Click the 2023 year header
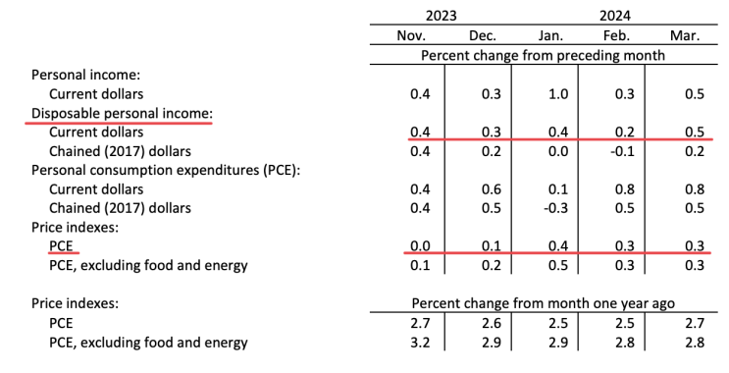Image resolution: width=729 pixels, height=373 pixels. [442, 16]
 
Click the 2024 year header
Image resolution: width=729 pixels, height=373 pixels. [614, 16]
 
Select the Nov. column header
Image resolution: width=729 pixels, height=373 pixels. [411, 35]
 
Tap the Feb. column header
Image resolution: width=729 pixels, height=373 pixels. [616, 35]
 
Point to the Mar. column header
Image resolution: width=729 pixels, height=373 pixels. [685, 35]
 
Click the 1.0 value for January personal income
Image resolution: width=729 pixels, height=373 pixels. [558, 94]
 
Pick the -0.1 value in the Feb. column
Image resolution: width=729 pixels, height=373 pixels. [622, 151]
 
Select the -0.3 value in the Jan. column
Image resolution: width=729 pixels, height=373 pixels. [555, 208]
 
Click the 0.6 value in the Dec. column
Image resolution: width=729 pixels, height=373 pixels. [492, 189]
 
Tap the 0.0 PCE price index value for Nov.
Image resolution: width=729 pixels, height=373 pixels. [420, 246]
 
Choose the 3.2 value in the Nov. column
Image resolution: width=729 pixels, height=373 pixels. [420, 343]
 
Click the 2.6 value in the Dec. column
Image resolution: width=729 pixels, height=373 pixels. [492, 323]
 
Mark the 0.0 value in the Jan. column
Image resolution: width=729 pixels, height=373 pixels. [558, 151]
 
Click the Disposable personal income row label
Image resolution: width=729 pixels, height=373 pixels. [122, 114]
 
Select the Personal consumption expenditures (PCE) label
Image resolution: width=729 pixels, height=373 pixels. [166, 170]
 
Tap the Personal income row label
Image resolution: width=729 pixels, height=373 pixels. [85, 75]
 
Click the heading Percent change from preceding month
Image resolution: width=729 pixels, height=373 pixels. [543, 55]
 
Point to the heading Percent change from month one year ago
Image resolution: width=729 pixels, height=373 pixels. [543, 303]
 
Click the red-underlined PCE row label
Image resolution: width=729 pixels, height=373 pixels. [62, 246]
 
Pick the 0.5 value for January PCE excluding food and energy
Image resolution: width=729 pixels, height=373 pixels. [558, 265]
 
